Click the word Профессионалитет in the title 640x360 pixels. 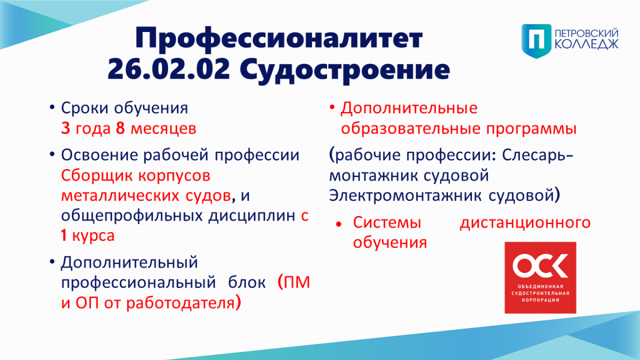tap(279, 39)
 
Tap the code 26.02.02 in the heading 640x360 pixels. tap(169, 69)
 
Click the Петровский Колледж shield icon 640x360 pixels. tap(537, 41)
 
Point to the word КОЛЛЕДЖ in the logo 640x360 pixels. tap(586, 44)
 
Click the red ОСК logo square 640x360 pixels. tap(540, 278)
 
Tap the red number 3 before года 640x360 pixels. tap(66, 129)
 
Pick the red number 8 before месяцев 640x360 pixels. tap(121, 129)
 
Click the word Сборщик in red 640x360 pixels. tap(97, 176)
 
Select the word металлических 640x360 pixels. tap(121, 196)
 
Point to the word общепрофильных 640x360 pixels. tap(132, 216)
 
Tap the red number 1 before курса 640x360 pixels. tap(63, 235)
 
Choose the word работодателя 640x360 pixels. tap(181, 303)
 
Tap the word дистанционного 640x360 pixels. tap(525, 223)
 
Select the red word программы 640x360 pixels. tap(531, 129)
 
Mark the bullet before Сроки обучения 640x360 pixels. tap(52, 108)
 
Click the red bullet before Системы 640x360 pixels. tap(339, 225)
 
